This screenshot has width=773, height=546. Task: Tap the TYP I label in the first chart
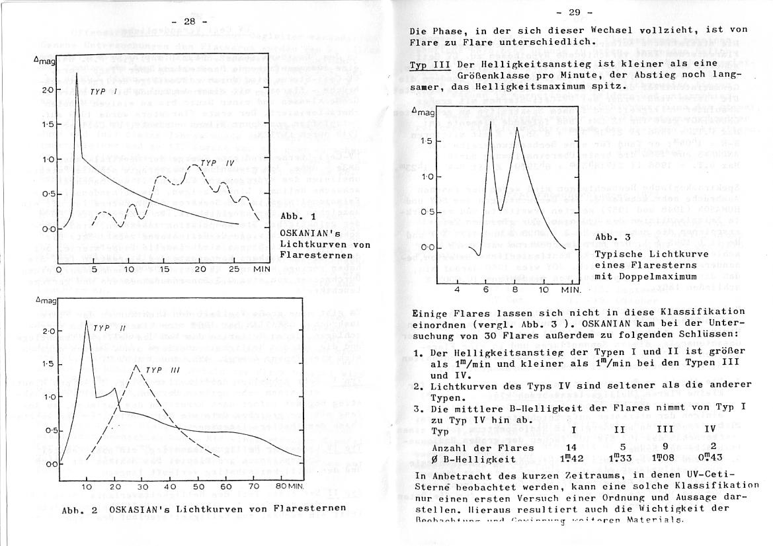[x=103, y=95]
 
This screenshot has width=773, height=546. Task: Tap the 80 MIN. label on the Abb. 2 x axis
[x=290, y=487]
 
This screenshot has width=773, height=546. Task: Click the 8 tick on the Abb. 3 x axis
[x=514, y=290]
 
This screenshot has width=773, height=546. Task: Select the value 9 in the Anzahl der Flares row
[x=665, y=448]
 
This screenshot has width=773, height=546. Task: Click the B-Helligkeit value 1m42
[x=573, y=460]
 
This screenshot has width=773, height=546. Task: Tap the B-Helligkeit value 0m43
[x=711, y=460]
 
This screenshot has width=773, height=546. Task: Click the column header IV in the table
[x=710, y=430]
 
